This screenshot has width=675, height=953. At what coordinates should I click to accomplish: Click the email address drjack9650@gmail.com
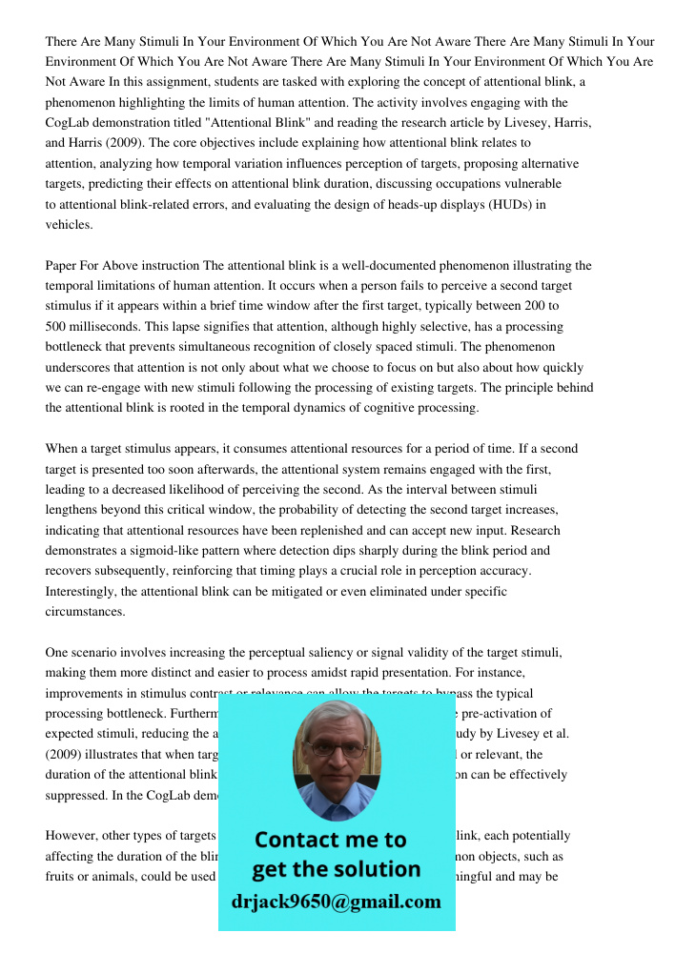[336, 902]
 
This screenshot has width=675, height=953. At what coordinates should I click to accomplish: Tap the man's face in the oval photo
[336, 754]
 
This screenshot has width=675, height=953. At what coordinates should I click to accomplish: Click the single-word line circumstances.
[86, 612]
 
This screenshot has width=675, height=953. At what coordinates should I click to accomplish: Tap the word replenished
[321, 531]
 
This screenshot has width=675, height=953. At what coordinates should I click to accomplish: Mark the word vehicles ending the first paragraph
[70, 225]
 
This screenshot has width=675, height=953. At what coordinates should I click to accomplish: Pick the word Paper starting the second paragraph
[62, 266]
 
